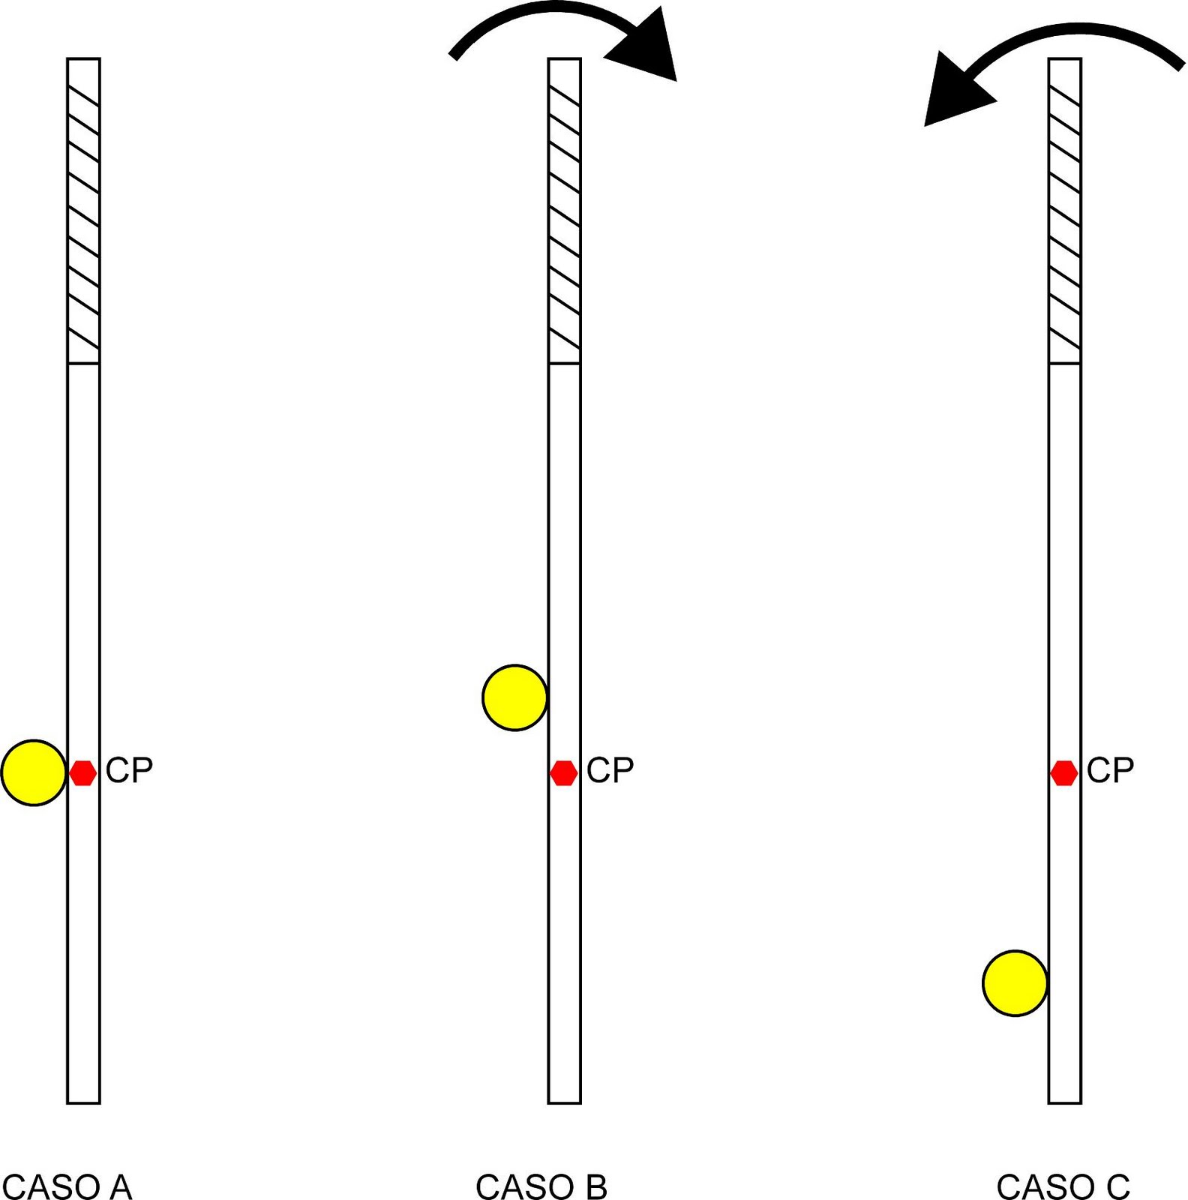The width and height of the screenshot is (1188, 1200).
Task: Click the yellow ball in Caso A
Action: (34, 772)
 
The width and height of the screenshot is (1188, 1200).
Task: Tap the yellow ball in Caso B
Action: (514, 697)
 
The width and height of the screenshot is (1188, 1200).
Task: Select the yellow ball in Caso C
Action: (1015, 983)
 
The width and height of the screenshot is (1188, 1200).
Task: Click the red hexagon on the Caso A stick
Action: (82, 772)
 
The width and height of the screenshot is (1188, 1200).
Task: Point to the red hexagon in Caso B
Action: (564, 772)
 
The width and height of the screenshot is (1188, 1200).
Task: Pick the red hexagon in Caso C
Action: (1063, 772)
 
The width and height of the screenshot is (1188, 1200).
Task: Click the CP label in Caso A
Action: (129, 770)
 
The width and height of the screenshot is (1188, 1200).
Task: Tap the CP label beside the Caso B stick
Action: (610, 770)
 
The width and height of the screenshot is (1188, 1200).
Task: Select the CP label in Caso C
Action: (1110, 770)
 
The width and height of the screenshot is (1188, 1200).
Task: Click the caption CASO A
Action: (67, 1186)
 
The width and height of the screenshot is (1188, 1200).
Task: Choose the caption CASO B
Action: (541, 1186)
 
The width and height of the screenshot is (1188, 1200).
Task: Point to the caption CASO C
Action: (1063, 1186)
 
